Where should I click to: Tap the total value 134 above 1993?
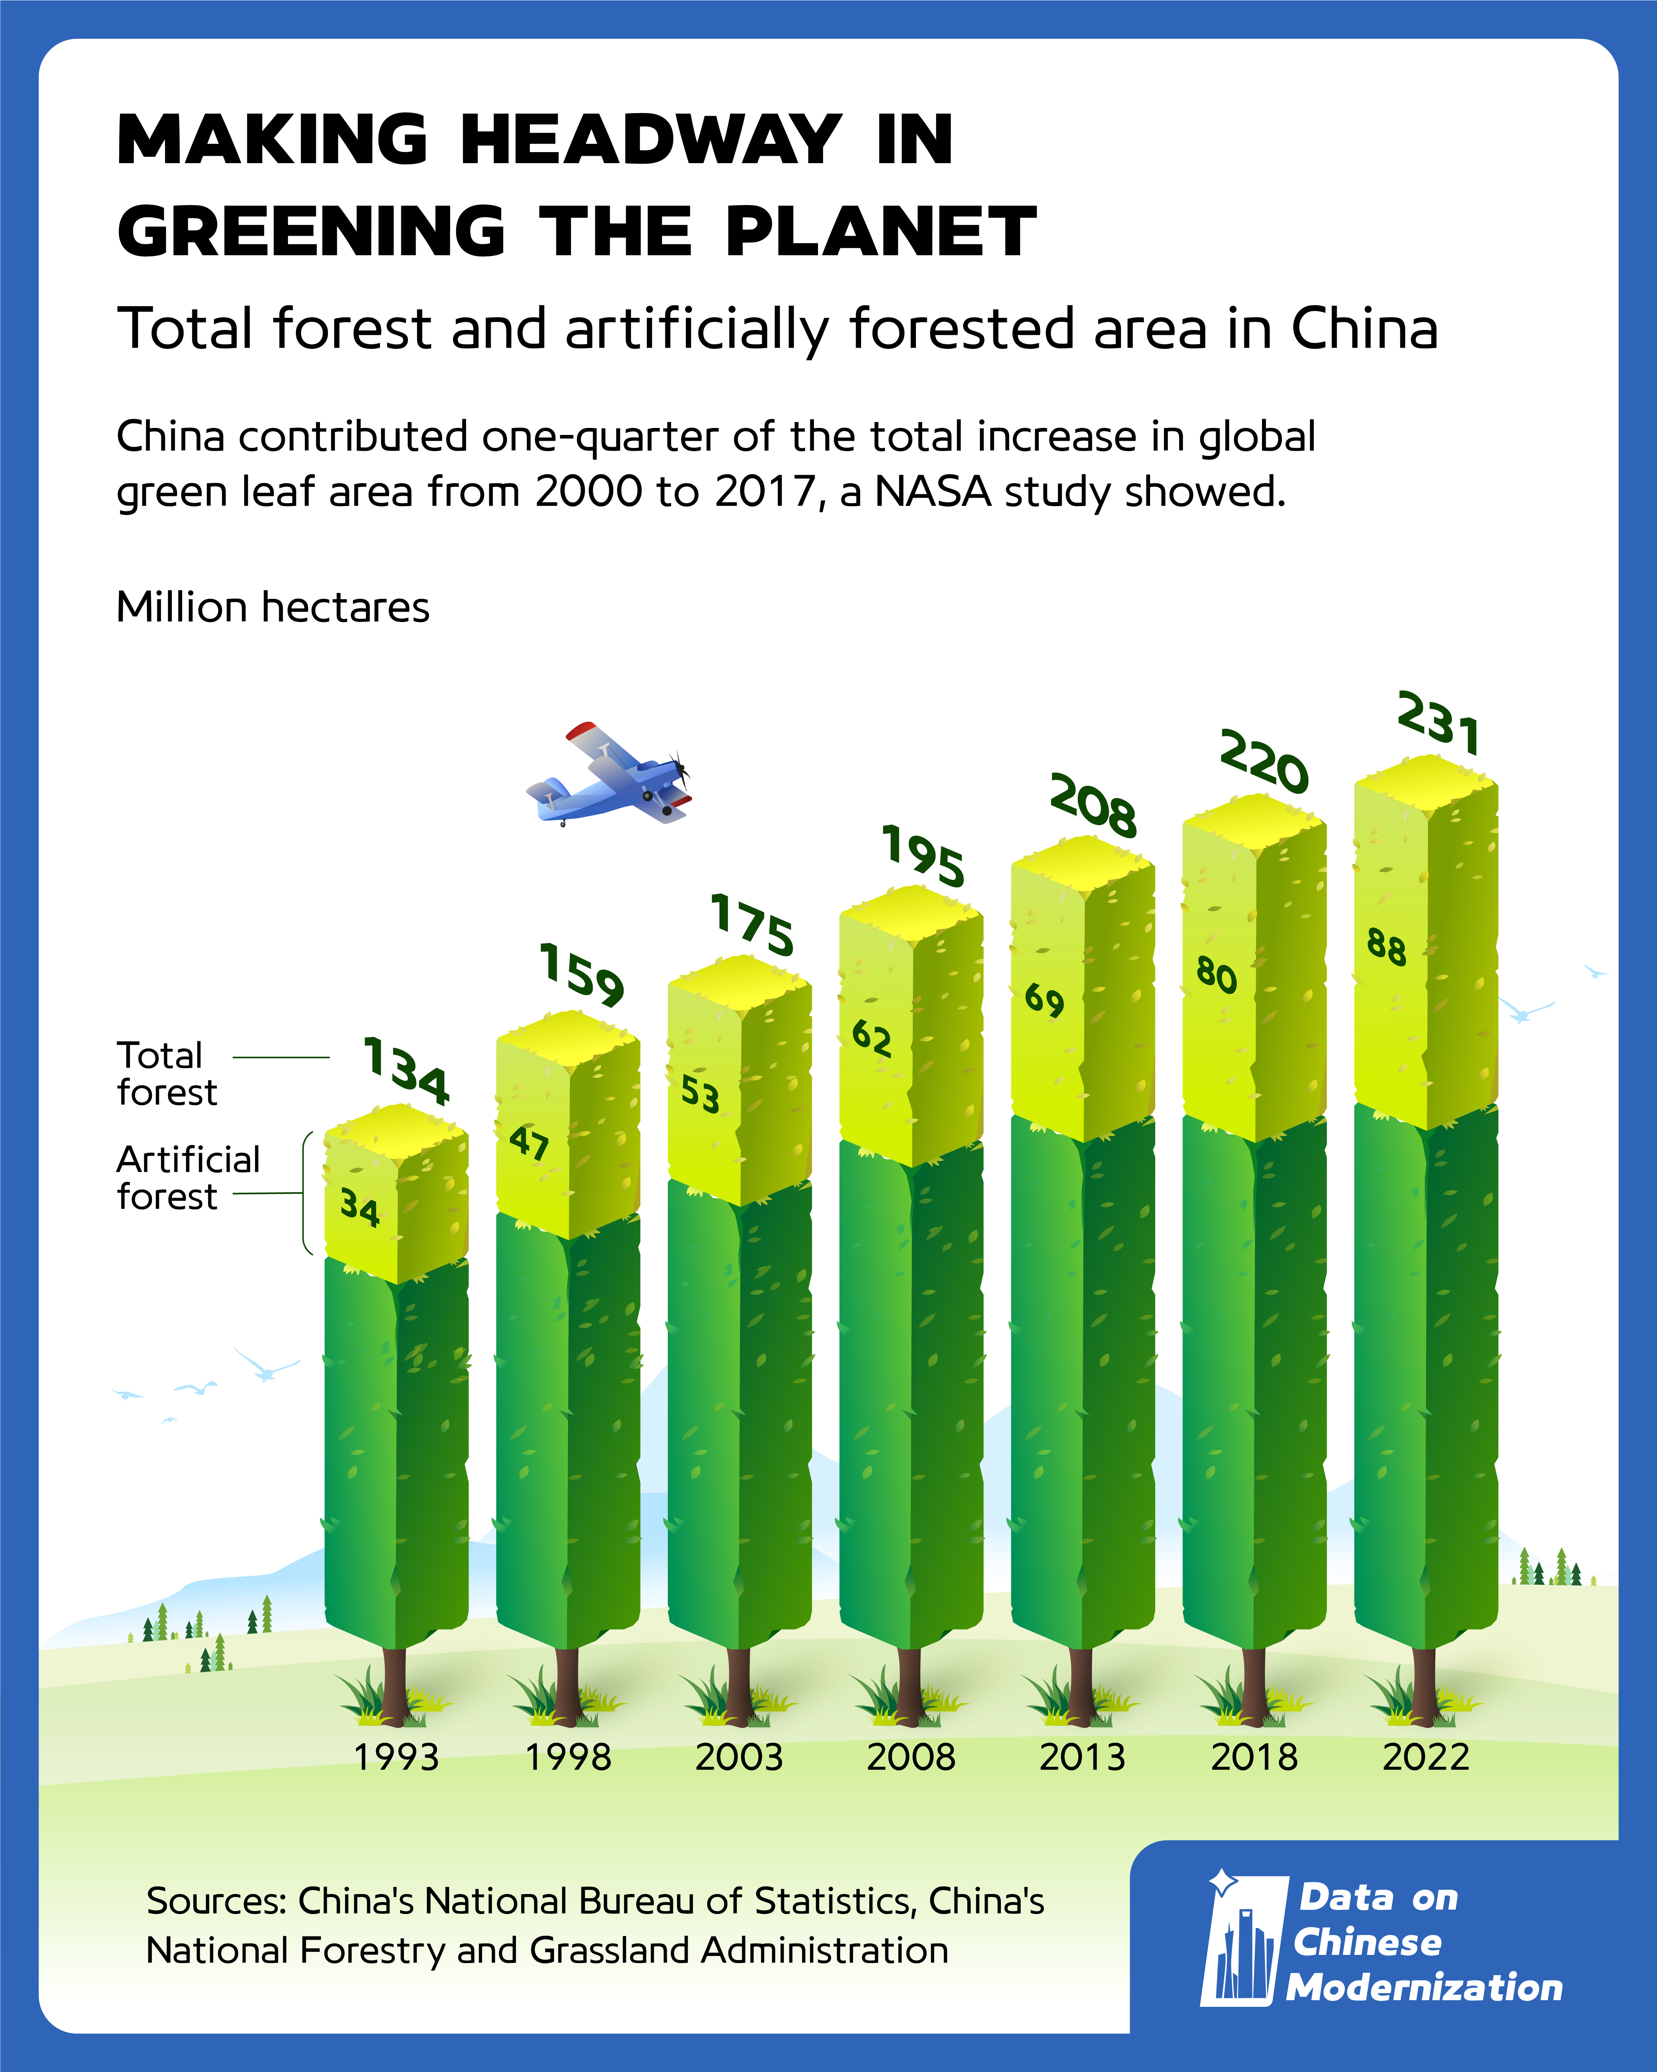point(405,1071)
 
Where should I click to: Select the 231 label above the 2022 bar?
point(1438,723)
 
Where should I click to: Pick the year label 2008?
point(911,1758)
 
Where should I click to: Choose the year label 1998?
point(568,1758)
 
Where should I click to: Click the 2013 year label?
point(1082,1758)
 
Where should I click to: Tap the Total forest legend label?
point(166,1074)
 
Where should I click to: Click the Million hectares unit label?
point(273,607)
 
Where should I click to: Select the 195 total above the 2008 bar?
point(923,855)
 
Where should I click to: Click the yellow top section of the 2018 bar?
point(1254,971)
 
